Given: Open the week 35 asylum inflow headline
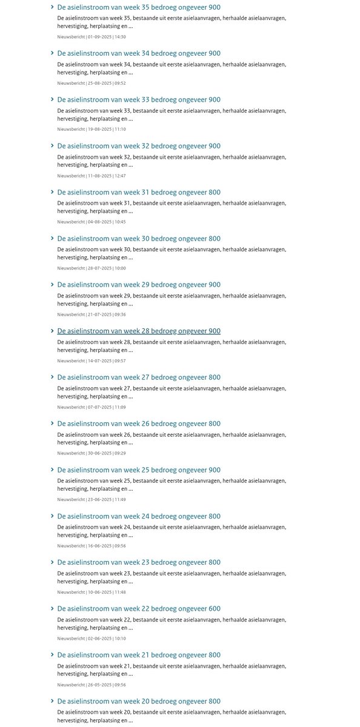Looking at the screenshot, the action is [x=139, y=7].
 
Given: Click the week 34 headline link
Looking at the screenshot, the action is [x=139, y=53].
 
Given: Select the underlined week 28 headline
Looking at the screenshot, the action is [x=139, y=331].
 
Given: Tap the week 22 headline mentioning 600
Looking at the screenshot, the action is [x=139, y=608].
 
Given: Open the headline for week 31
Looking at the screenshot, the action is [x=139, y=192].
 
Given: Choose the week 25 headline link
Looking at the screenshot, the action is [x=139, y=470].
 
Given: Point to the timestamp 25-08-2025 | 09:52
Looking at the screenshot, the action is [x=92, y=83].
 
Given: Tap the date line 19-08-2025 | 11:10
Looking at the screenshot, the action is [x=92, y=129].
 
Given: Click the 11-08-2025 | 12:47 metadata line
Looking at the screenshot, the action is [x=92, y=176].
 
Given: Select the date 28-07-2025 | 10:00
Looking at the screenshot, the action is [x=92, y=268].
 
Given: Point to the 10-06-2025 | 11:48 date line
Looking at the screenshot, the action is [x=92, y=592].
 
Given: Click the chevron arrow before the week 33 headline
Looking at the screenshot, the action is [x=53, y=99].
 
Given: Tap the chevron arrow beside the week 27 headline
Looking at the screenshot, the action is [x=53, y=377].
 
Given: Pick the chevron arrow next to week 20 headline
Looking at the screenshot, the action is [x=53, y=701].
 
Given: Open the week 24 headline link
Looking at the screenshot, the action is [x=139, y=516].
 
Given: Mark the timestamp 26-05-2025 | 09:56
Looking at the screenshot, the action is [x=92, y=685].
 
